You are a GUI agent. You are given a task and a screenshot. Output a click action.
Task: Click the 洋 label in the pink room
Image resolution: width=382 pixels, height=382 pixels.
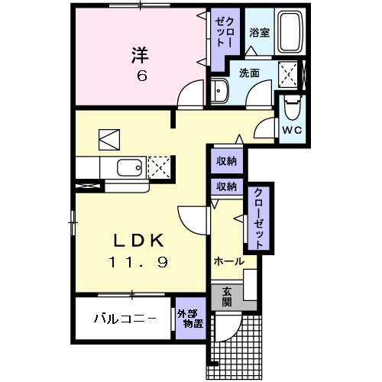tap(139, 56)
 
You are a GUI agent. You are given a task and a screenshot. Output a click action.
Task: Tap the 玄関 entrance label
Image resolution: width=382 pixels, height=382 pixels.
tap(228, 296)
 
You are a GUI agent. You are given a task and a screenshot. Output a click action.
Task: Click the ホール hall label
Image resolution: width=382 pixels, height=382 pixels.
tap(229, 261)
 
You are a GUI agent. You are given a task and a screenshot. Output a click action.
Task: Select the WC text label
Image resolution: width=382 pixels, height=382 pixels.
tap(293, 130)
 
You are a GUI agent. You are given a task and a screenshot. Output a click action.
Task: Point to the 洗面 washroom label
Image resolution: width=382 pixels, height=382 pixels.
tap(248, 73)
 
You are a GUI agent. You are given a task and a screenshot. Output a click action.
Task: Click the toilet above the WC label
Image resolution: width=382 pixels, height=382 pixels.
tap(292, 107)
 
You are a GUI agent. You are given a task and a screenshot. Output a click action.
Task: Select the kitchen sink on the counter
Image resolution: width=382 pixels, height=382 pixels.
tap(125, 167)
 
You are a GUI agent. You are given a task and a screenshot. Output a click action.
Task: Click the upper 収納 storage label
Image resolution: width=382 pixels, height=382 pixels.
tap(225, 161)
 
